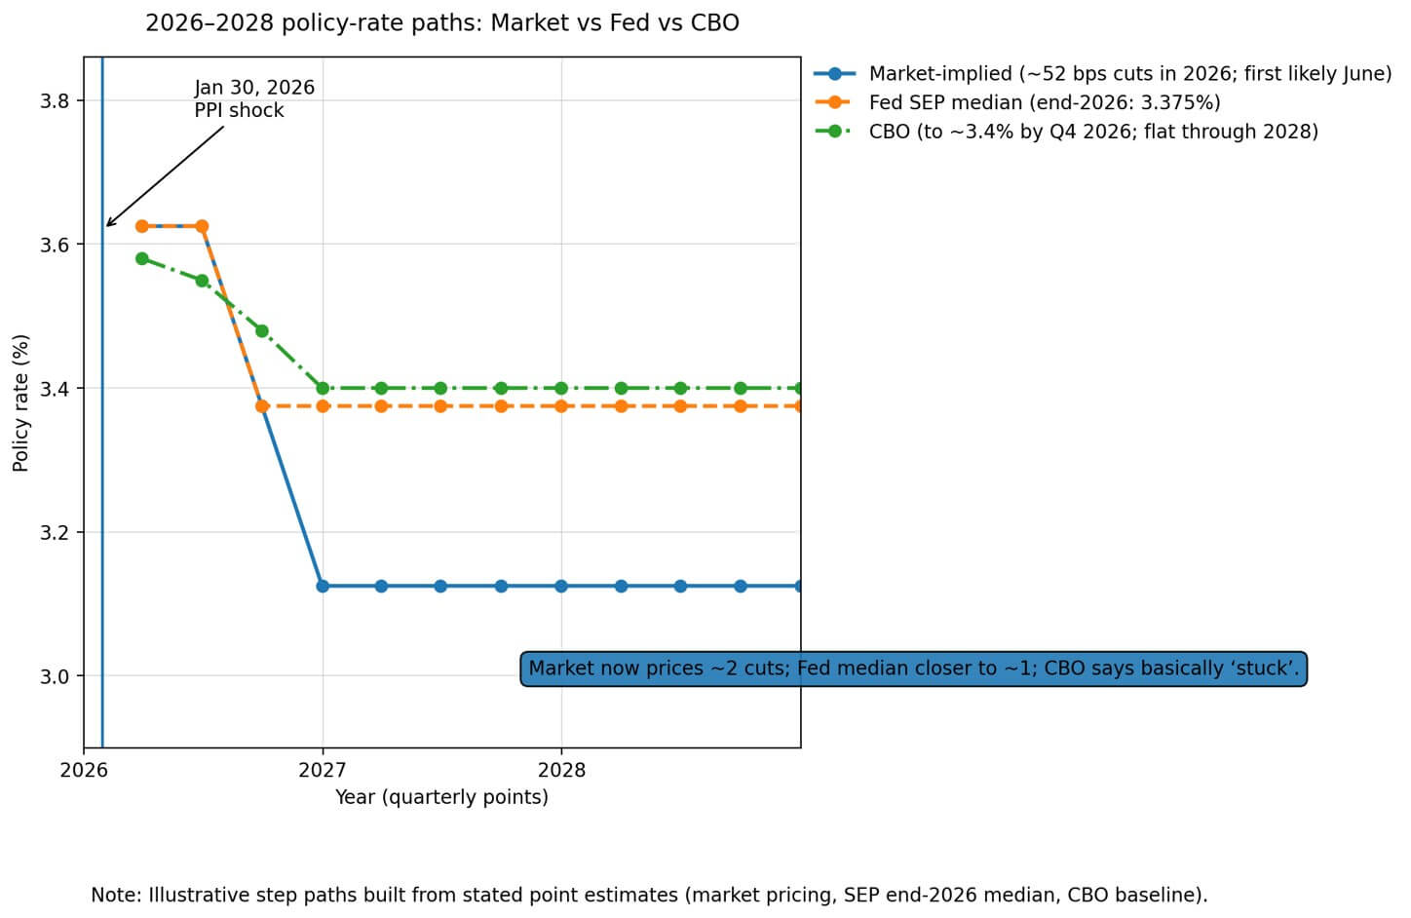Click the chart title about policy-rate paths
coord(441,22)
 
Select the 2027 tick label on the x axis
coord(323,770)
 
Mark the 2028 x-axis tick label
coord(561,770)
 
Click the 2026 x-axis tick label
coord(84,770)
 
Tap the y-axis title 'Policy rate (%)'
coord(20,402)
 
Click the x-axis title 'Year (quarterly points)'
coord(441,797)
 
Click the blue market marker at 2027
coord(323,586)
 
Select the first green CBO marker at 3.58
coord(142,259)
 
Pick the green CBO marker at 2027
coord(323,388)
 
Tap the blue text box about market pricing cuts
coord(913,669)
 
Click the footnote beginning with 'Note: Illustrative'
coord(649,895)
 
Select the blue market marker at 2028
coord(561,586)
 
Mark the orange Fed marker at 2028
coord(561,405)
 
